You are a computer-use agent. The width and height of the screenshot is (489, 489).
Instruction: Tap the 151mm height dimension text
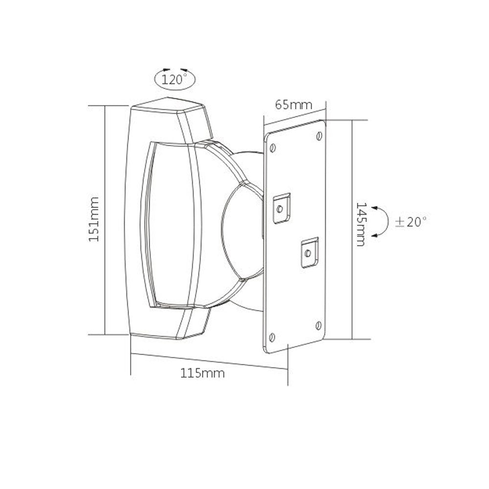(94, 219)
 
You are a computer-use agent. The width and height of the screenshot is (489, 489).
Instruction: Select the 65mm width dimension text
(293, 105)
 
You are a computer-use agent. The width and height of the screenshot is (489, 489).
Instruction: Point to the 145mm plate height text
(361, 224)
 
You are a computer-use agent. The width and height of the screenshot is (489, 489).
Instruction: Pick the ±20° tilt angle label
(410, 222)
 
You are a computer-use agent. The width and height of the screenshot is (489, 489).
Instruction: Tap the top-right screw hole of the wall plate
(319, 135)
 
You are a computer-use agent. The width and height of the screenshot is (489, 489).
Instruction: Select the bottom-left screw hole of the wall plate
(273, 336)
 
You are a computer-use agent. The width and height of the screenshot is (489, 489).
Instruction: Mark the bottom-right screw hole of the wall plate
(318, 324)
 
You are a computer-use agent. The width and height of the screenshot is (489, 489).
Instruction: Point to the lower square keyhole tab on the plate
(308, 252)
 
